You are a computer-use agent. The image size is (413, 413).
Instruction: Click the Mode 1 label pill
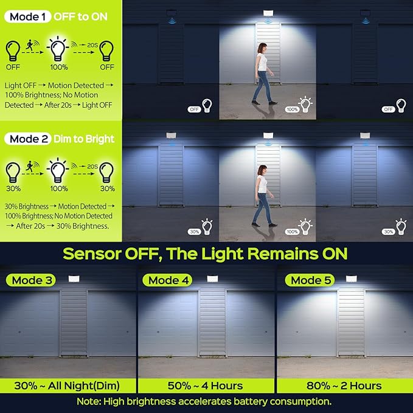click(x=27, y=17)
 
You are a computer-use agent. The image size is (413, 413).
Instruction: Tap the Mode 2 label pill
click(x=27, y=139)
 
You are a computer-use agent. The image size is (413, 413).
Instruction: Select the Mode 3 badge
click(x=31, y=280)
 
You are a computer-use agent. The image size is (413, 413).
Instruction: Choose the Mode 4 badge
click(x=167, y=280)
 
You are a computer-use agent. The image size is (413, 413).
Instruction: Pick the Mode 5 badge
click(x=310, y=280)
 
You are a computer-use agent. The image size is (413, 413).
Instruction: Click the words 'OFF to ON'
click(x=81, y=17)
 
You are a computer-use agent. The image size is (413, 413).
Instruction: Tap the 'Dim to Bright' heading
click(x=84, y=139)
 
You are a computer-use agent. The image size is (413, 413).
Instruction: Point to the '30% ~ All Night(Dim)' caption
click(x=67, y=386)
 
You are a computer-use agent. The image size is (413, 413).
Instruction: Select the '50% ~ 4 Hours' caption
click(x=205, y=386)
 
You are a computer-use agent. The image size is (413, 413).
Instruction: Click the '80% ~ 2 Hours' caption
click(x=344, y=386)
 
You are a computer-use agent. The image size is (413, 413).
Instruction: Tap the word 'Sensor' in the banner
click(x=92, y=254)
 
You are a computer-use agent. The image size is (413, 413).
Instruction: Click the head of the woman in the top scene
click(x=262, y=48)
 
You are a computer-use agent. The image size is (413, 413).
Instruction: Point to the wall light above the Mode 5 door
click(x=351, y=279)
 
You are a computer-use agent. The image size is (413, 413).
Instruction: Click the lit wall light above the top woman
click(x=268, y=13)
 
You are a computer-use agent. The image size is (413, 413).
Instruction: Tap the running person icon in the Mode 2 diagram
click(x=30, y=166)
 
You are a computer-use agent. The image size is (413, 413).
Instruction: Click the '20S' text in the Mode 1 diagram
click(x=92, y=45)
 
